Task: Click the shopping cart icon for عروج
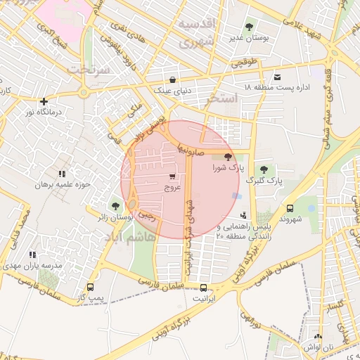(x=172, y=177)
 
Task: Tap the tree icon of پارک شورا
(x=227, y=157)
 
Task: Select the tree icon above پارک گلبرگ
(x=264, y=169)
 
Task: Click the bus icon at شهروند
(x=290, y=208)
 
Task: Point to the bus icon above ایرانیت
(x=204, y=288)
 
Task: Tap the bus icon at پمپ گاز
(x=90, y=288)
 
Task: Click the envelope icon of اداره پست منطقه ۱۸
(x=278, y=77)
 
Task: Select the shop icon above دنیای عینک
(x=173, y=79)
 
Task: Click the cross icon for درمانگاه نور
(x=44, y=102)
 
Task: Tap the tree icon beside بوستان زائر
(x=115, y=206)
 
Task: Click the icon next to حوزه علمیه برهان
(x=62, y=174)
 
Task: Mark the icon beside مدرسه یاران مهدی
(x=32, y=255)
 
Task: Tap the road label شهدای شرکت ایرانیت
(x=188, y=229)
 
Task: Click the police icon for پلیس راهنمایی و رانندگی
(x=243, y=215)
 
